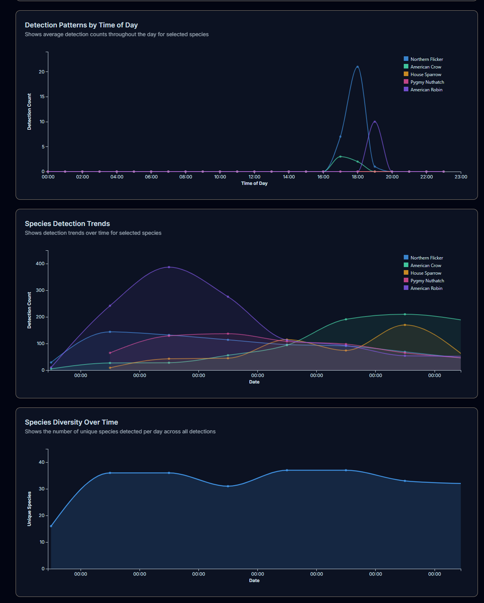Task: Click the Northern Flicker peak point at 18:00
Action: [357, 67]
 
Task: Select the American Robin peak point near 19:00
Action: [375, 122]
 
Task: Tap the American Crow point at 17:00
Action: [340, 156]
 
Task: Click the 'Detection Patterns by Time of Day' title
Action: [81, 25]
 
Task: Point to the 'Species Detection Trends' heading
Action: [67, 224]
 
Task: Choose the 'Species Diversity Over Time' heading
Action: [71, 422]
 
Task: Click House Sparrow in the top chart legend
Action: [425, 75]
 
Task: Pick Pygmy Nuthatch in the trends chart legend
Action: [427, 281]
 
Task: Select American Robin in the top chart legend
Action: [426, 90]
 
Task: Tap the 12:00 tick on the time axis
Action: [254, 177]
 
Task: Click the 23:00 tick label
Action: [461, 177]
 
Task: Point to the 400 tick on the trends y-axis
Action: [40, 264]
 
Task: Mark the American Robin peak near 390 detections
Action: [169, 267]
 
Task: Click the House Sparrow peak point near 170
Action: [405, 325]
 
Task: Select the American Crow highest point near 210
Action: [405, 314]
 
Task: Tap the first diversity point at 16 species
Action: [51, 526]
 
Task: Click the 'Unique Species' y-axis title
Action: [29, 509]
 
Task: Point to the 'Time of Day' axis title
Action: [254, 183]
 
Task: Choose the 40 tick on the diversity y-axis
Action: [42, 462]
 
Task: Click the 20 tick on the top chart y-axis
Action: [42, 72]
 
